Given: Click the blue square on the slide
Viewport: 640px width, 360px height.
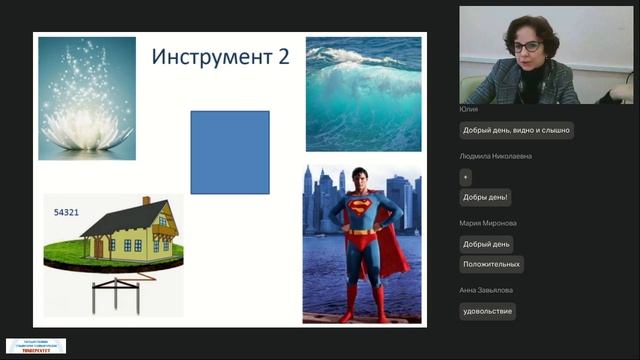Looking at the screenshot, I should [x=230, y=152].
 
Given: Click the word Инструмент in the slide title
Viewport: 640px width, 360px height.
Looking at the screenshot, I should [x=208, y=57].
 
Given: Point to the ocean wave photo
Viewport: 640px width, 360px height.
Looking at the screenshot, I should [x=362, y=94].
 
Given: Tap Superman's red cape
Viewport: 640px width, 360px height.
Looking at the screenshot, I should [x=394, y=245].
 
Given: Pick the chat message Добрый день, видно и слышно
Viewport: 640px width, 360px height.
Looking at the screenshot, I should [x=516, y=130].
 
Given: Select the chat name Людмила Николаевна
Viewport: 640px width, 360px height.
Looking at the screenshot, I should [x=496, y=156].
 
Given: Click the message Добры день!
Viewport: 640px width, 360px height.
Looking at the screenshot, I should [x=485, y=197].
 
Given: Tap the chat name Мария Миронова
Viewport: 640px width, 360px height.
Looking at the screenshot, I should [x=489, y=223].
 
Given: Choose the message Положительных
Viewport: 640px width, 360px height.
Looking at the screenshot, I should [x=491, y=264].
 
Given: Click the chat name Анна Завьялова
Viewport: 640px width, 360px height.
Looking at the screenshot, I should [x=486, y=290].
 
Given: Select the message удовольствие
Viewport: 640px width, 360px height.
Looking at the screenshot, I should [x=487, y=311].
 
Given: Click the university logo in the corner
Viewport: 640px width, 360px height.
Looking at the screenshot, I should [x=36, y=346].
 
